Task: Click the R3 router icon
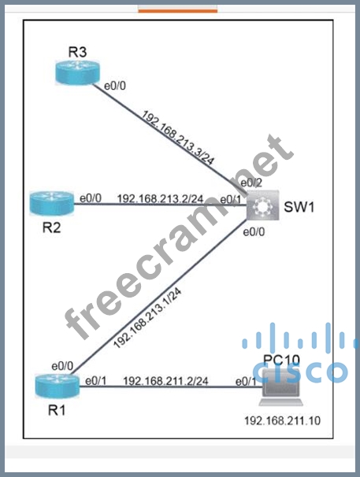78,72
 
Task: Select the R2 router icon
52,204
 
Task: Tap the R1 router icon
57,386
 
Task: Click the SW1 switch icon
263,205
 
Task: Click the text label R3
77,52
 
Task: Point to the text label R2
51,227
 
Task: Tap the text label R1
57,410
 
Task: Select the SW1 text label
299,207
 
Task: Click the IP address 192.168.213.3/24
178,138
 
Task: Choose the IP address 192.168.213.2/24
160,198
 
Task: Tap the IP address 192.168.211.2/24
165,381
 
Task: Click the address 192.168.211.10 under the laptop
282,421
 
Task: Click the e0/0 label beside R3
115,86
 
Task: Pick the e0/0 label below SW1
254,232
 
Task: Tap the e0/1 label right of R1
96,381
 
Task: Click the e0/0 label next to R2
91,198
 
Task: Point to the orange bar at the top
178,11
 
